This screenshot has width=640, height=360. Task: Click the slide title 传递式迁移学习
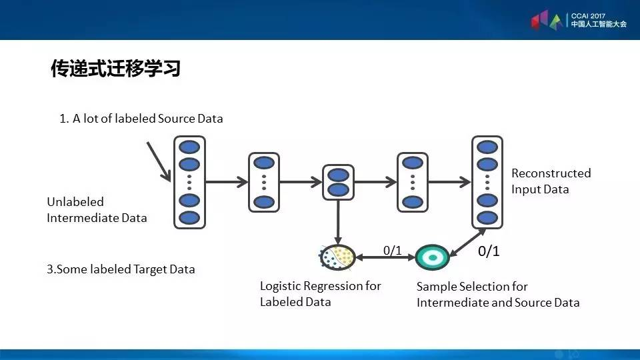[115, 68]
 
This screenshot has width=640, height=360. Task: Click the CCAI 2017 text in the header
[588, 16]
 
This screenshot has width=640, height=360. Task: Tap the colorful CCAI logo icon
[547, 21]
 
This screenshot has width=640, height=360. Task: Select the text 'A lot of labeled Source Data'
[148, 119]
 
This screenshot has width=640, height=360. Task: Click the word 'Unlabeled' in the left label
[75, 201]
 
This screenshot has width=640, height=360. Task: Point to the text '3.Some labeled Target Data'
[121, 269]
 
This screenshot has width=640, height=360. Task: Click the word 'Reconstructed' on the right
[551, 173]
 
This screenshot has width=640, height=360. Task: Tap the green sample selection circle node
[432, 257]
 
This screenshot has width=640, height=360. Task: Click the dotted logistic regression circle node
[337, 257]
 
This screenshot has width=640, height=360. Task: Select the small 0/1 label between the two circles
[392, 250]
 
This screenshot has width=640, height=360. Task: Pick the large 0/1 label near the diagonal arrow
[489, 251]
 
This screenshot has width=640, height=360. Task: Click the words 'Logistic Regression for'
[321, 286]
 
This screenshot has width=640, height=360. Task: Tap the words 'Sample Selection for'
[472, 287]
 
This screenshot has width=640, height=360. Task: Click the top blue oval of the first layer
[189, 147]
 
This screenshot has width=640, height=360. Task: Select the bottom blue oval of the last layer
[487, 218]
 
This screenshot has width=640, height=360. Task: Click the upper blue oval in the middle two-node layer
[339, 175]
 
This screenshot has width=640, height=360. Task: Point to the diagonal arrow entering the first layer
[159, 161]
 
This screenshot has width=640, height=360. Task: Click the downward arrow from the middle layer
[338, 223]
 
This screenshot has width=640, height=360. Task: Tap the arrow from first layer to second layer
[227, 181]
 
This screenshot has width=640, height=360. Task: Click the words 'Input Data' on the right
[540, 189]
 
